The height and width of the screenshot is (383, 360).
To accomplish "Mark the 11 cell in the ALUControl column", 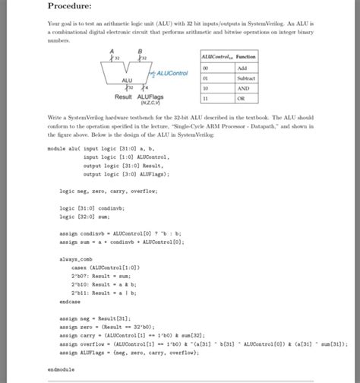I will [x=205, y=97].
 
